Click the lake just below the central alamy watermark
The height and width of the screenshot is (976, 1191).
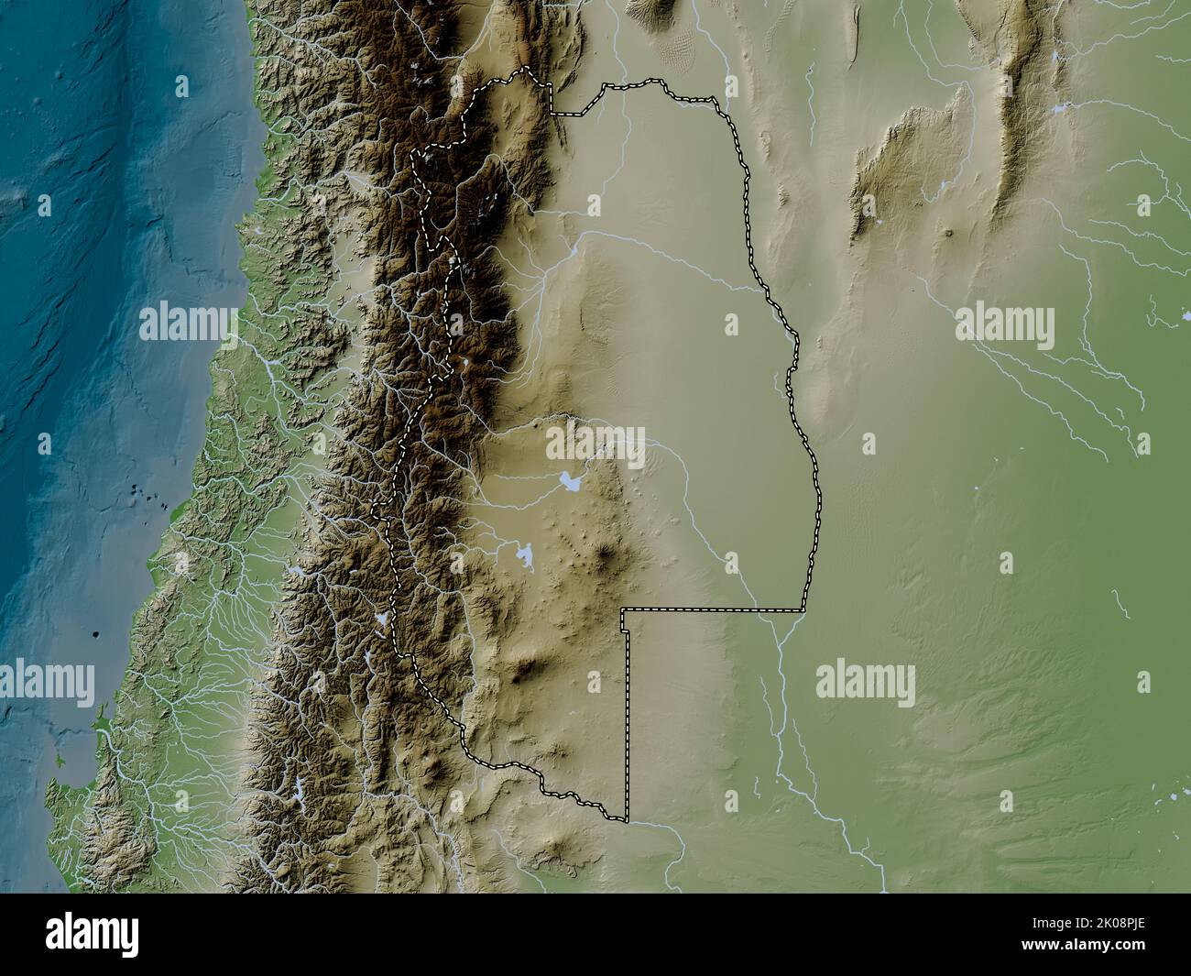click(x=571, y=480)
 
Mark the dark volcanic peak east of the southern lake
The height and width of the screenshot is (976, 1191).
click(x=605, y=553)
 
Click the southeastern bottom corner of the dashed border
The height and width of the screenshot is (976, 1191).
click(x=627, y=819)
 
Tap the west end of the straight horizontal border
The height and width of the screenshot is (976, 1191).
click(x=622, y=609)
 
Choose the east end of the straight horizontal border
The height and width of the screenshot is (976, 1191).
click(x=803, y=609)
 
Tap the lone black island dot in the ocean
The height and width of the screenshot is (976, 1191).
click(x=97, y=633)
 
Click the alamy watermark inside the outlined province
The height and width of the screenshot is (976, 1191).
click(x=596, y=444)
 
